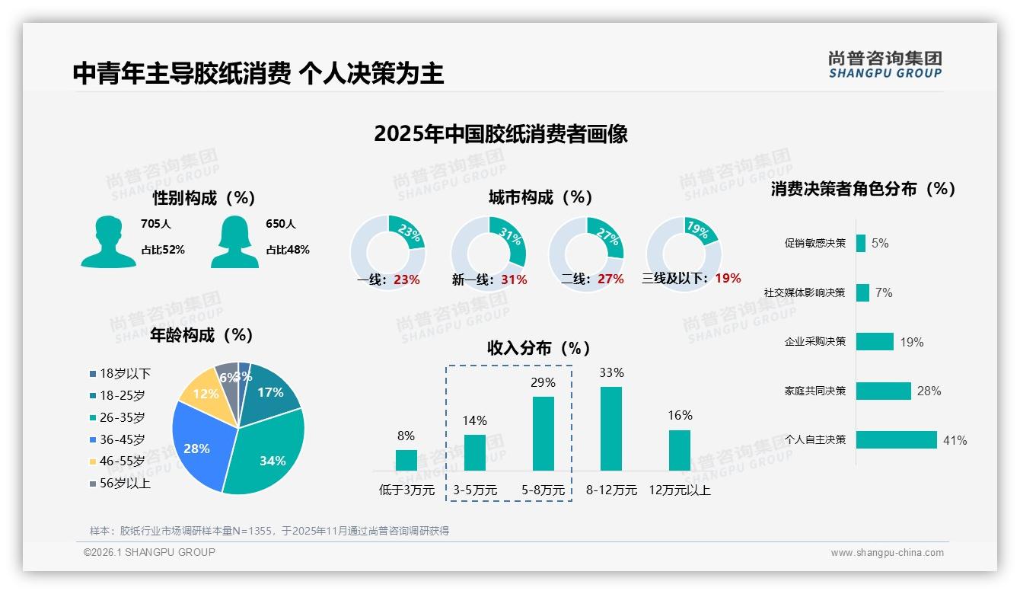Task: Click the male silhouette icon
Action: [x=108, y=241]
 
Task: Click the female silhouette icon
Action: [x=234, y=241]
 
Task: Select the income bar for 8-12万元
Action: [x=611, y=429]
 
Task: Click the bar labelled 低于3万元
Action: [x=406, y=460]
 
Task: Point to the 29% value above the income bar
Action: [x=543, y=382]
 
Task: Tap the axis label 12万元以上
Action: [x=680, y=490]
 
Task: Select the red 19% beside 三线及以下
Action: [x=728, y=279]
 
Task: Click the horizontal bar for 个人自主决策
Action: [x=896, y=439]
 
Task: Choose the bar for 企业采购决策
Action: [x=875, y=342]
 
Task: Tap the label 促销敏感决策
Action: [x=815, y=244]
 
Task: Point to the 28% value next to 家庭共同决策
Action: [x=929, y=391]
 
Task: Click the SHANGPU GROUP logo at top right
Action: [x=885, y=64]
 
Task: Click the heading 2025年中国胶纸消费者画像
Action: [x=501, y=134]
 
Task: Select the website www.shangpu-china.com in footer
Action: [x=887, y=553]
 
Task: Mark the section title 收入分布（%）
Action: [x=539, y=348]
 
